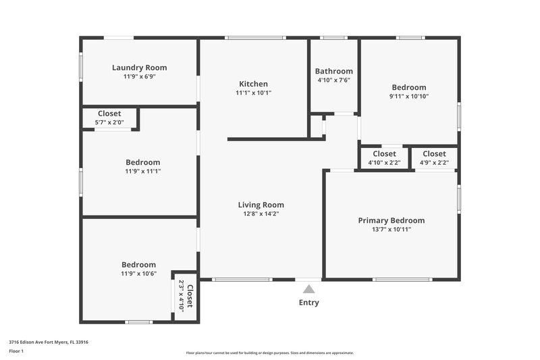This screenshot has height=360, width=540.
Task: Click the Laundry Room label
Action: (139, 68)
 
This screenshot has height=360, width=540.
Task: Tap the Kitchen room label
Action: (253, 84)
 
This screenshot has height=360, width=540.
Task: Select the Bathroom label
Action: (333, 71)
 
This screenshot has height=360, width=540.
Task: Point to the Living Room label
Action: (261, 205)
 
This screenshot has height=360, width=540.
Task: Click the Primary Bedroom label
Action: (391, 220)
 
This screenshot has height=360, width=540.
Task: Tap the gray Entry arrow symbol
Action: (308, 289)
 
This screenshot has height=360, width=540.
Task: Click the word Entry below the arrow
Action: (308, 303)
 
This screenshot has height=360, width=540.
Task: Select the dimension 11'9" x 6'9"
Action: (139, 77)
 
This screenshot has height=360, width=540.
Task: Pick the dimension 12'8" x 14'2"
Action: (261, 214)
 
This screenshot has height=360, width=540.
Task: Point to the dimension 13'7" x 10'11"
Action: (391, 230)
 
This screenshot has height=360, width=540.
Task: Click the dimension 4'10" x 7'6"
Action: (333, 80)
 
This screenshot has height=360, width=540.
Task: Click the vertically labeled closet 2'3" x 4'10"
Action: (186, 296)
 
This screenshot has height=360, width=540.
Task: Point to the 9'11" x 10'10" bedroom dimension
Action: (409, 96)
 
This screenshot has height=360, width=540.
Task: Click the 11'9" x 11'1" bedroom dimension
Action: (142, 172)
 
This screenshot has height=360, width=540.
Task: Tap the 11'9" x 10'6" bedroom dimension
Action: (138, 274)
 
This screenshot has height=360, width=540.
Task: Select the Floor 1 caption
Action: (16, 351)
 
